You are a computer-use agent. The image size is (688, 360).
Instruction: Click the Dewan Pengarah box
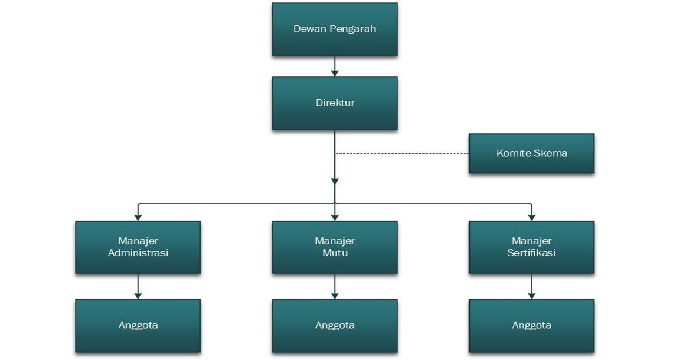coord(335,29)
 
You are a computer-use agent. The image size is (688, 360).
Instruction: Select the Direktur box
coord(335,103)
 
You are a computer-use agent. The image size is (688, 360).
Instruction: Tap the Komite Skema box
coord(531,154)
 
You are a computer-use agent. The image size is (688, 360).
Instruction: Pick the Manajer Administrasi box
coord(138,247)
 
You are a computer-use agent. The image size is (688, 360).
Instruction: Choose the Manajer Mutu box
coord(335,247)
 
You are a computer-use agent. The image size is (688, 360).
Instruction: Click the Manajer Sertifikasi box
coord(531,247)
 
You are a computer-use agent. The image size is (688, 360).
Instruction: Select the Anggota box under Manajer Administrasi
coord(138,326)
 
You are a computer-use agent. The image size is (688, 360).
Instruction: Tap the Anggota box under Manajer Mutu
coord(335,326)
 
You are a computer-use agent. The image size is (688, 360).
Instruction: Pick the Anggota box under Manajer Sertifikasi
coord(531,326)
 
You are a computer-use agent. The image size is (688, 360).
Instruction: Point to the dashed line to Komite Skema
coord(401,154)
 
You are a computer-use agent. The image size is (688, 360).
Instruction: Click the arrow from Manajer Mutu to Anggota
coord(335,286)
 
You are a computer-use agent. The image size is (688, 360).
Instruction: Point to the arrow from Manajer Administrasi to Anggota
coord(138,286)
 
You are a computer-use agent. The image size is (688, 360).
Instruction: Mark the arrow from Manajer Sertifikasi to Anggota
coord(531,286)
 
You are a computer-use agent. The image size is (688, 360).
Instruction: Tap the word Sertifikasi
coord(531,253)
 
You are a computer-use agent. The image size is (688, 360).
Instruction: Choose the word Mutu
coord(335,253)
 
